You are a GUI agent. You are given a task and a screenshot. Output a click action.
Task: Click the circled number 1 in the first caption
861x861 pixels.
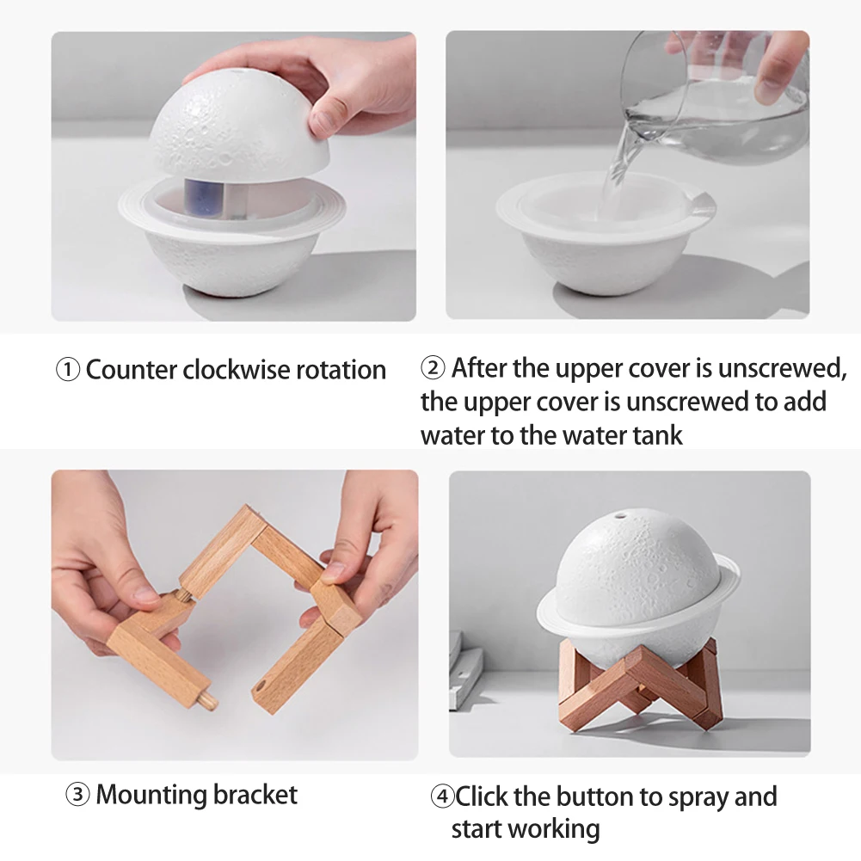[68, 371]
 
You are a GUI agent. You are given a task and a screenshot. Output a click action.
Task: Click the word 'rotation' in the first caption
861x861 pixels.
[341, 371]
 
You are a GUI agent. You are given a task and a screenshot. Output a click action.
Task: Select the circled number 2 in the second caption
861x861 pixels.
[434, 369]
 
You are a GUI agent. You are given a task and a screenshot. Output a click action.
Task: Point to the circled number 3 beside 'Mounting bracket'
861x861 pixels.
[77, 795]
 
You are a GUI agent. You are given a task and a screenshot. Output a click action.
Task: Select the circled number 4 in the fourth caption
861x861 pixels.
[442, 797]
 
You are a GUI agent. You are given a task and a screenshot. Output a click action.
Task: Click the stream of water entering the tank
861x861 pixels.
[618, 172]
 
